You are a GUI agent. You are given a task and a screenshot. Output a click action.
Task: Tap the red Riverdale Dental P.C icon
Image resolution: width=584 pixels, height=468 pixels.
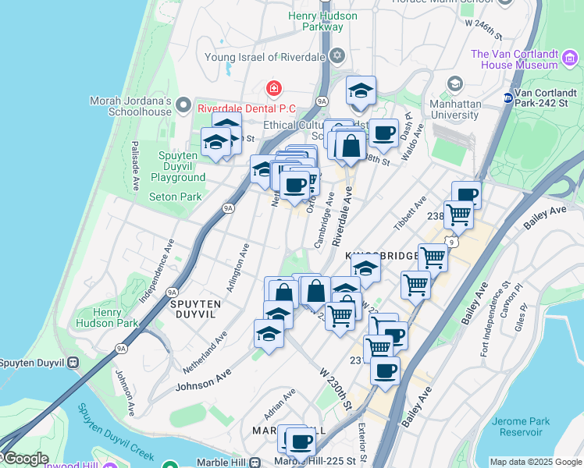tap(273, 88)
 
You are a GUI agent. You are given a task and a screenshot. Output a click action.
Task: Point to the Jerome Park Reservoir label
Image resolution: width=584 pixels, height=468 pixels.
tap(521, 427)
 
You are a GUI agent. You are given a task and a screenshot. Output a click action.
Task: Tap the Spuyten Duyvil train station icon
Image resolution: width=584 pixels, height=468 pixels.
tap(73, 362)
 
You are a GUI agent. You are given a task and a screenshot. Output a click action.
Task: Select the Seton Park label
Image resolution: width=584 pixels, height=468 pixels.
tap(176, 197)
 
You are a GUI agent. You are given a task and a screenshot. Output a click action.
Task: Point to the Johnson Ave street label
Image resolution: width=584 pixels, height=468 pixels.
tap(204, 380)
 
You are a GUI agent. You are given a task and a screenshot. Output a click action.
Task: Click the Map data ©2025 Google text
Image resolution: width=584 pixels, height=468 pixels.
tap(536, 462)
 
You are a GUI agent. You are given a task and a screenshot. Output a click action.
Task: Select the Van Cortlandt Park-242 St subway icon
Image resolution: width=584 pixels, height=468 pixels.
tap(507, 97)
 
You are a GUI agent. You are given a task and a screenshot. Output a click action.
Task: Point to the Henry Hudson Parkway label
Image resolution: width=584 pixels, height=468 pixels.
tap(315, 21)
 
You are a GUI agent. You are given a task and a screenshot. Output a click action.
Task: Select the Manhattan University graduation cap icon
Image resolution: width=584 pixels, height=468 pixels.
tap(454, 83)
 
